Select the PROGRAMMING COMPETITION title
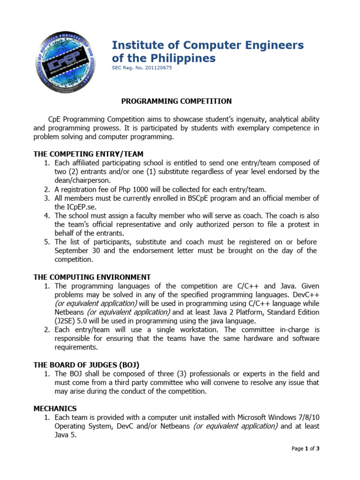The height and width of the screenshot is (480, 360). point(177,101)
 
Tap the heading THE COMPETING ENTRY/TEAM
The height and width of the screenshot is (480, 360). point(88,154)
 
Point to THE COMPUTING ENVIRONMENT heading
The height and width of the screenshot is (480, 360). point(92,277)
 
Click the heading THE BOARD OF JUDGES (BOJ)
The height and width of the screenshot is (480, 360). point(86,365)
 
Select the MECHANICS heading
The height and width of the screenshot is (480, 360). point(55,409)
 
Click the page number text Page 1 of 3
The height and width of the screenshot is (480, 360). point(305,449)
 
